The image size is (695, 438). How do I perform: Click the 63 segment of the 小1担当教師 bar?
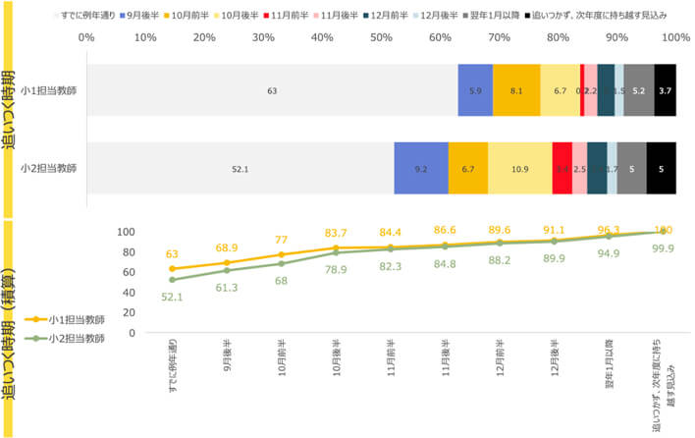pos(272,91)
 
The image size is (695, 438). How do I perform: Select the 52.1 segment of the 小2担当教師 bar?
pos(240,169)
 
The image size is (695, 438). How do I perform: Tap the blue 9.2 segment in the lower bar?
pos(421,169)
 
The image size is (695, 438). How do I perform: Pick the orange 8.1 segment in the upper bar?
pos(516,91)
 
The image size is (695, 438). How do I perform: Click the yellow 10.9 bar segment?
pos(520,169)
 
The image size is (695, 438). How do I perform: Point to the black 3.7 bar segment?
pos(666,91)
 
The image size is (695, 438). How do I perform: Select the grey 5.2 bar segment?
pos(639,91)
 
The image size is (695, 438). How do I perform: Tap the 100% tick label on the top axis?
pos(675,39)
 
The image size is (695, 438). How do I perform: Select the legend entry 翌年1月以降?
pos(494,18)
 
